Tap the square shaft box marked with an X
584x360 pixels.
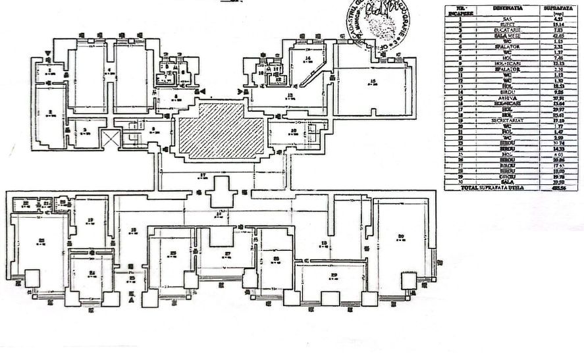109,138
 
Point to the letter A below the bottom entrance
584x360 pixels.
132,300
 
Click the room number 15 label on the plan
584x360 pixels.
373,81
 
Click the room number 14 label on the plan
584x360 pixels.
307,59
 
